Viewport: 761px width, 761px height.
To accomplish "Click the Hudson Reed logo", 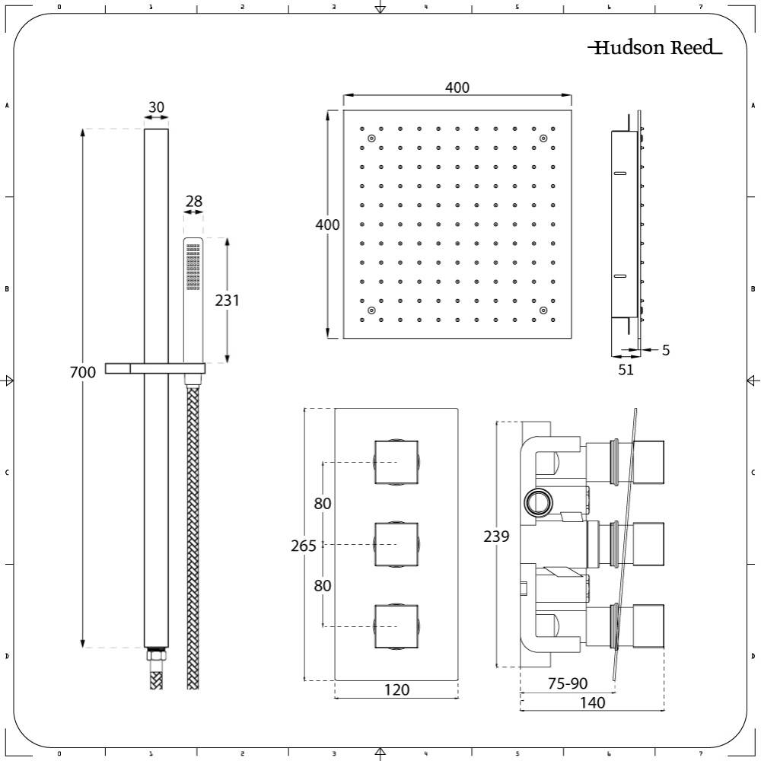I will (654, 49).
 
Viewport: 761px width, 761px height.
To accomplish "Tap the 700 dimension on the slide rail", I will (83, 372).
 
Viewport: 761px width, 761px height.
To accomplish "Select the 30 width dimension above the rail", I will (156, 107).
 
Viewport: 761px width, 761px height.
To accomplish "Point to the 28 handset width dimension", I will (194, 202).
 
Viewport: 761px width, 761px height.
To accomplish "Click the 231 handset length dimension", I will (227, 300).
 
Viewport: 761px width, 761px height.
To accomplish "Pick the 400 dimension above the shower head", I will (457, 88).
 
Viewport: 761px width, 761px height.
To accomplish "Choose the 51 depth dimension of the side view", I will (626, 370).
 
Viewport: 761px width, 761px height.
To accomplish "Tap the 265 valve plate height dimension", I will (304, 546).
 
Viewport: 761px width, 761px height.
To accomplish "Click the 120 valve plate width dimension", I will (396, 690).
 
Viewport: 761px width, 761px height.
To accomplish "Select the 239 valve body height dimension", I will (497, 537).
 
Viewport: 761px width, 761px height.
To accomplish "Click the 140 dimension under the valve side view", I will (592, 703).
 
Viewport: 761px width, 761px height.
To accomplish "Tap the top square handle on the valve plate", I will (396, 462).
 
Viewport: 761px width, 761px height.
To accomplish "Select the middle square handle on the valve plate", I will (396, 544).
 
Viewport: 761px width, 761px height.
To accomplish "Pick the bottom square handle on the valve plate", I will (396, 626).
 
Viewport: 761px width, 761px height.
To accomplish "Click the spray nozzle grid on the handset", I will (193, 266).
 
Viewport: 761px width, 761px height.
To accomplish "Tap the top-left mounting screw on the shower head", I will (371, 139).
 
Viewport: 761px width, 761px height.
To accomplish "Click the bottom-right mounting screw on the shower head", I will (543, 310).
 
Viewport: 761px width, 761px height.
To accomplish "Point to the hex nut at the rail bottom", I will (156, 656).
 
